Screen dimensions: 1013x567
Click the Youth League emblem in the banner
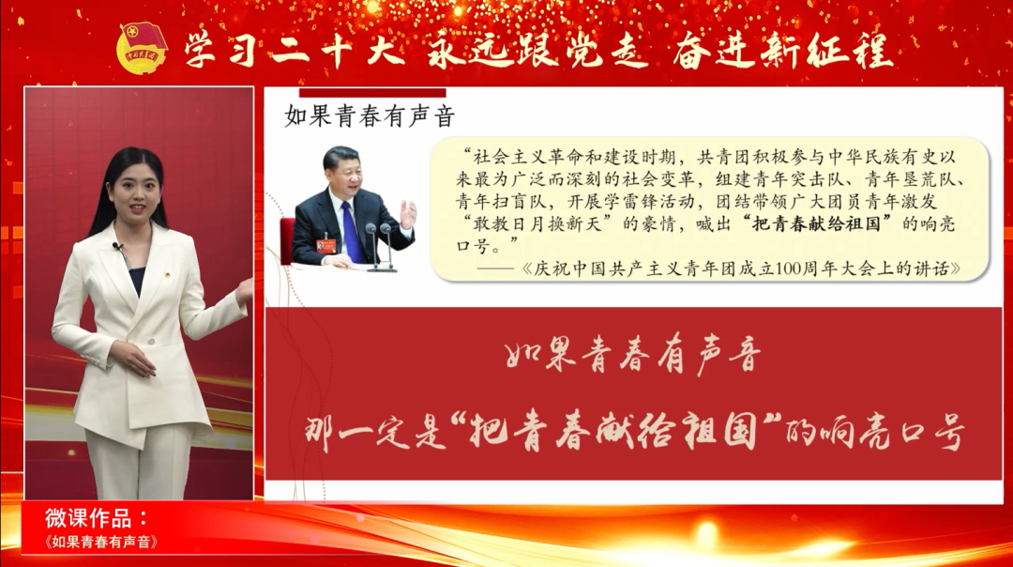[143, 48]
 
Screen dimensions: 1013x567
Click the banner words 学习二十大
[294, 51]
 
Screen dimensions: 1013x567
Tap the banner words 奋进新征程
[782, 51]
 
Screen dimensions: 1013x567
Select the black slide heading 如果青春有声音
[370, 116]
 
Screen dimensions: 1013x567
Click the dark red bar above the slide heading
[372, 92]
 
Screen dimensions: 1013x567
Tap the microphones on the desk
[380, 246]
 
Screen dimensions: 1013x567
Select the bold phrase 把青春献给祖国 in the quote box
[817, 223]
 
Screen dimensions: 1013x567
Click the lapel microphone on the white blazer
[117, 246]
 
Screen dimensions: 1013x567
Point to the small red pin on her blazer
[167, 275]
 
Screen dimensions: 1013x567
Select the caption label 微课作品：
[97, 518]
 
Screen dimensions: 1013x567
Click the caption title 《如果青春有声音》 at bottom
[100, 542]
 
